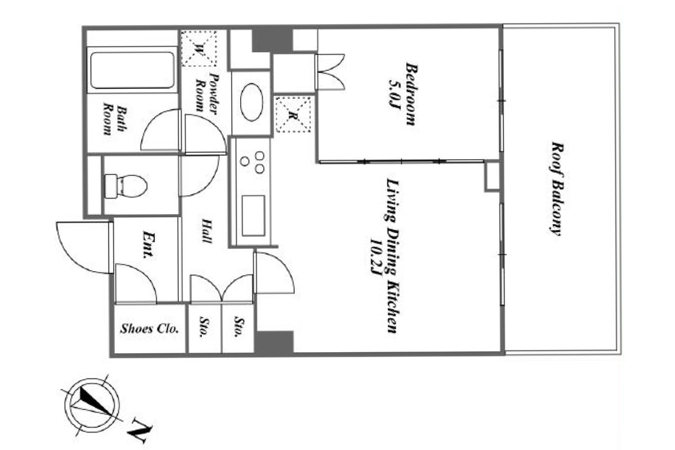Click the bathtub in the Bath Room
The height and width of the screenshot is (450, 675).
pyautogui.click(x=132, y=70)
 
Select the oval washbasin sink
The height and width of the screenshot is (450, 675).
pyautogui.click(x=251, y=102)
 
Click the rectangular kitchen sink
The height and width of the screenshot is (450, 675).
pyautogui.click(x=254, y=215)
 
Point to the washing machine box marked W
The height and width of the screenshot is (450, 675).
pyautogui.click(x=199, y=48)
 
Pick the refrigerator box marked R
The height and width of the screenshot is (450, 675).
pyautogui.click(x=293, y=114)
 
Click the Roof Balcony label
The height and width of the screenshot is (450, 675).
pyautogui.click(x=556, y=188)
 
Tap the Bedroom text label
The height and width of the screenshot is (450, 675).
pyautogui.click(x=411, y=94)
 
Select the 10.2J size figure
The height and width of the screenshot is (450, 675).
pyautogui.click(x=376, y=257)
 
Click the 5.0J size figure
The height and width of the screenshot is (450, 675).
pyautogui.click(x=394, y=94)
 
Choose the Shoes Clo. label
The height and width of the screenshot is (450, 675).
pyautogui.click(x=150, y=328)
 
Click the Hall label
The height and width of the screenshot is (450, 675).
pyautogui.click(x=207, y=231)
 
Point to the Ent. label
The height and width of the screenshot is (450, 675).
pyautogui.click(x=148, y=245)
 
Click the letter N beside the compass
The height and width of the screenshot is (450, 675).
pyautogui.click(x=139, y=430)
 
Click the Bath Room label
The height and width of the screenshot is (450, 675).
pyautogui.click(x=115, y=119)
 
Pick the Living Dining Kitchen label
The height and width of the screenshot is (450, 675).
pyautogui.click(x=393, y=256)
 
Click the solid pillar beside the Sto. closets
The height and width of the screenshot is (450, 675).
pyautogui.click(x=274, y=343)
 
